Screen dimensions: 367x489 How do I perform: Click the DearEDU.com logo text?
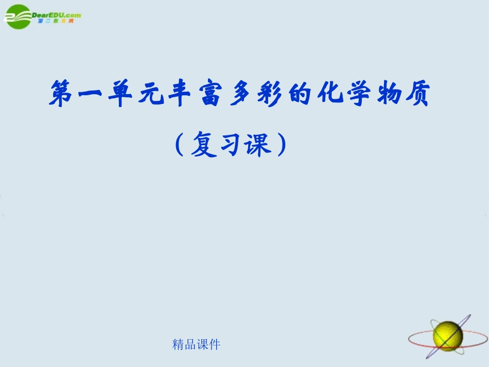[x=56, y=15]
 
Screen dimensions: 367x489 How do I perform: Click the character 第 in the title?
[x=61, y=95]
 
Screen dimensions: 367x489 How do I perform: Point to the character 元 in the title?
[x=149, y=95]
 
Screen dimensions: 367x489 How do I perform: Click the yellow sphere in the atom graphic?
[x=447, y=335]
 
